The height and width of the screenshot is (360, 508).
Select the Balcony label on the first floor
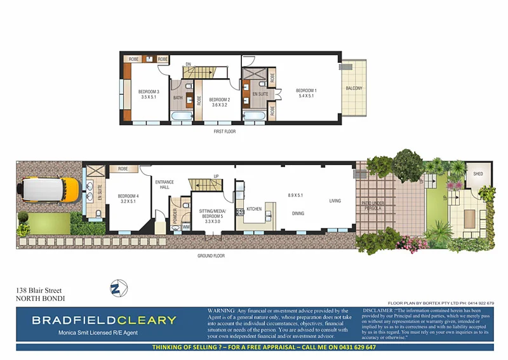(354, 88)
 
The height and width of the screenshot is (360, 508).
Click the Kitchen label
(254, 208)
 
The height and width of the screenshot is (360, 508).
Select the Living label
(335, 201)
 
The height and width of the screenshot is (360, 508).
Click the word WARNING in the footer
(222, 310)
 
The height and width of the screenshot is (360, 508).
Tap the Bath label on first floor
(178, 98)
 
